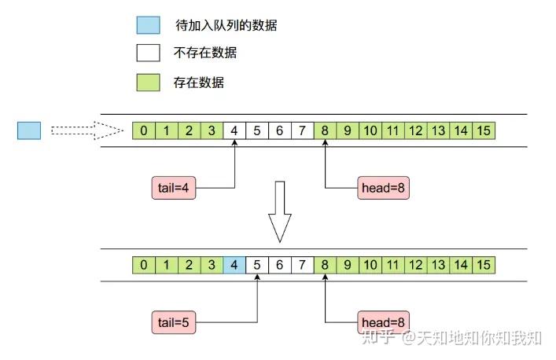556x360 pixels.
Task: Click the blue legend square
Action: click(148, 25)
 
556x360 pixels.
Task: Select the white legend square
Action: click(148, 53)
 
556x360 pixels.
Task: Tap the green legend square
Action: click(148, 83)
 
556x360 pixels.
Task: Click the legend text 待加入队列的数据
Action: click(226, 25)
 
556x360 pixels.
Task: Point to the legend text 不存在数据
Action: click(205, 53)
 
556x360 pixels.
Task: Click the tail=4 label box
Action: click(174, 188)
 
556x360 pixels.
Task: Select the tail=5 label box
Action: click(174, 322)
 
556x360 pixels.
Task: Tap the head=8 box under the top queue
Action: click(383, 188)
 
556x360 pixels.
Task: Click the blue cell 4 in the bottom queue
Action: click(234, 265)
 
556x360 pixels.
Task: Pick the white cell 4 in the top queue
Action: click(234, 130)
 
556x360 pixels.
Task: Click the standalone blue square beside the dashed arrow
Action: click(29, 130)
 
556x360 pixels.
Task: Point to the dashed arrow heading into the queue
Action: click(87, 130)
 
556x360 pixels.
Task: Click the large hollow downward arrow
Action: click(280, 211)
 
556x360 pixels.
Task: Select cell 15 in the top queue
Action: click(484, 130)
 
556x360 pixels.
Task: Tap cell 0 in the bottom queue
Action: click(144, 265)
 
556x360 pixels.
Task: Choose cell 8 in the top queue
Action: click(325, 130)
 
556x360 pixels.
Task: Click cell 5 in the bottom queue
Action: click(257, 265)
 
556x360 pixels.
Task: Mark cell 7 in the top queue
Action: click(302, 130)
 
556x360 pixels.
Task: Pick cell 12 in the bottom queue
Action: click(416, 265)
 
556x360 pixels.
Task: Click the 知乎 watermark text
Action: click(378, 337)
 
